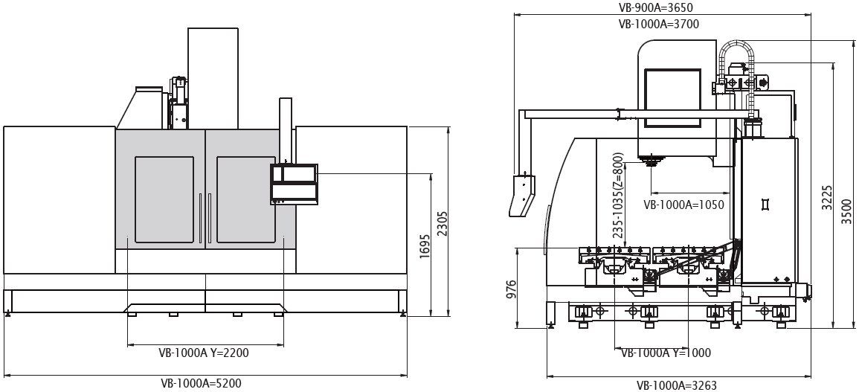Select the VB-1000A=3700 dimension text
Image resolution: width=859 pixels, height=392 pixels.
(658, 24)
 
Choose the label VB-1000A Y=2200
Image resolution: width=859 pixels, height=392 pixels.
(205, 353)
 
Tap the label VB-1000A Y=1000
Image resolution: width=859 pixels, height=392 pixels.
(666, 353)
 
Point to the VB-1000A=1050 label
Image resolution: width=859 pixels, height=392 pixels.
(683, 205)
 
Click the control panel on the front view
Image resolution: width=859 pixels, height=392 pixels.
(295, 184)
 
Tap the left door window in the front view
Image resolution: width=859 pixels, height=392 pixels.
(164, 199)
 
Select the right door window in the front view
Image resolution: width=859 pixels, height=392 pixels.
(246, 199)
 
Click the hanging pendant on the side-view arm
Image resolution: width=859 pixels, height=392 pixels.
(522, 195)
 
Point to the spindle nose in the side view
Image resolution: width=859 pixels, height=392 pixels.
(651, 161)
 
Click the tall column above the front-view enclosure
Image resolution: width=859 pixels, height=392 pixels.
(213, 78)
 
